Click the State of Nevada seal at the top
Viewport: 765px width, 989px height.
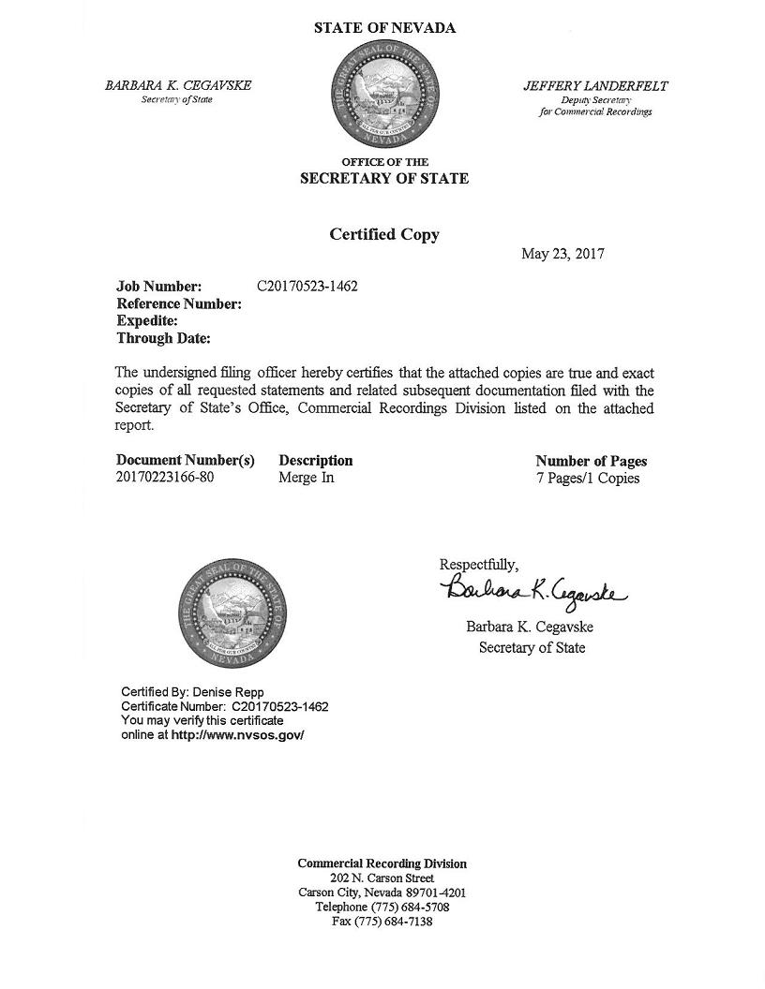tap(383, 95)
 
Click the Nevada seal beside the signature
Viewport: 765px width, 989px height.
tap(234, 613)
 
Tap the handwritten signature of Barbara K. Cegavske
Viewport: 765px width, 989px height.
tap(532, 591)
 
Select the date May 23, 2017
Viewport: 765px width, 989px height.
tap(562, 254)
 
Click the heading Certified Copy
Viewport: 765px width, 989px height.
tap(383, 234)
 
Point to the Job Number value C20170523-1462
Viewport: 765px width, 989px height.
tap(307, 286)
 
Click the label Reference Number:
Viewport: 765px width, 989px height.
tap(179, 303)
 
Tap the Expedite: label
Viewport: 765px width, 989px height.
tap(147, 320)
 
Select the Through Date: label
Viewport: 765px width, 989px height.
tap(163, 338)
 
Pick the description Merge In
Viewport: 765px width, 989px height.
tap(307, 478)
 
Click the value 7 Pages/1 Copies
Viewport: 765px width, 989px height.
tap(587, 478)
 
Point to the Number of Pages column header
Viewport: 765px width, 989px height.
tap(591, 461)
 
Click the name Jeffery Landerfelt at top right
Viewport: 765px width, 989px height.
tap(595, 86)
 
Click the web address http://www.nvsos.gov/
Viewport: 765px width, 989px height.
tap(238, 735)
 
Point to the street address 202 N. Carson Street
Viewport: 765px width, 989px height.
tap(382, 878)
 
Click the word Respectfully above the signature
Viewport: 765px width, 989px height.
tap(478, 564)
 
